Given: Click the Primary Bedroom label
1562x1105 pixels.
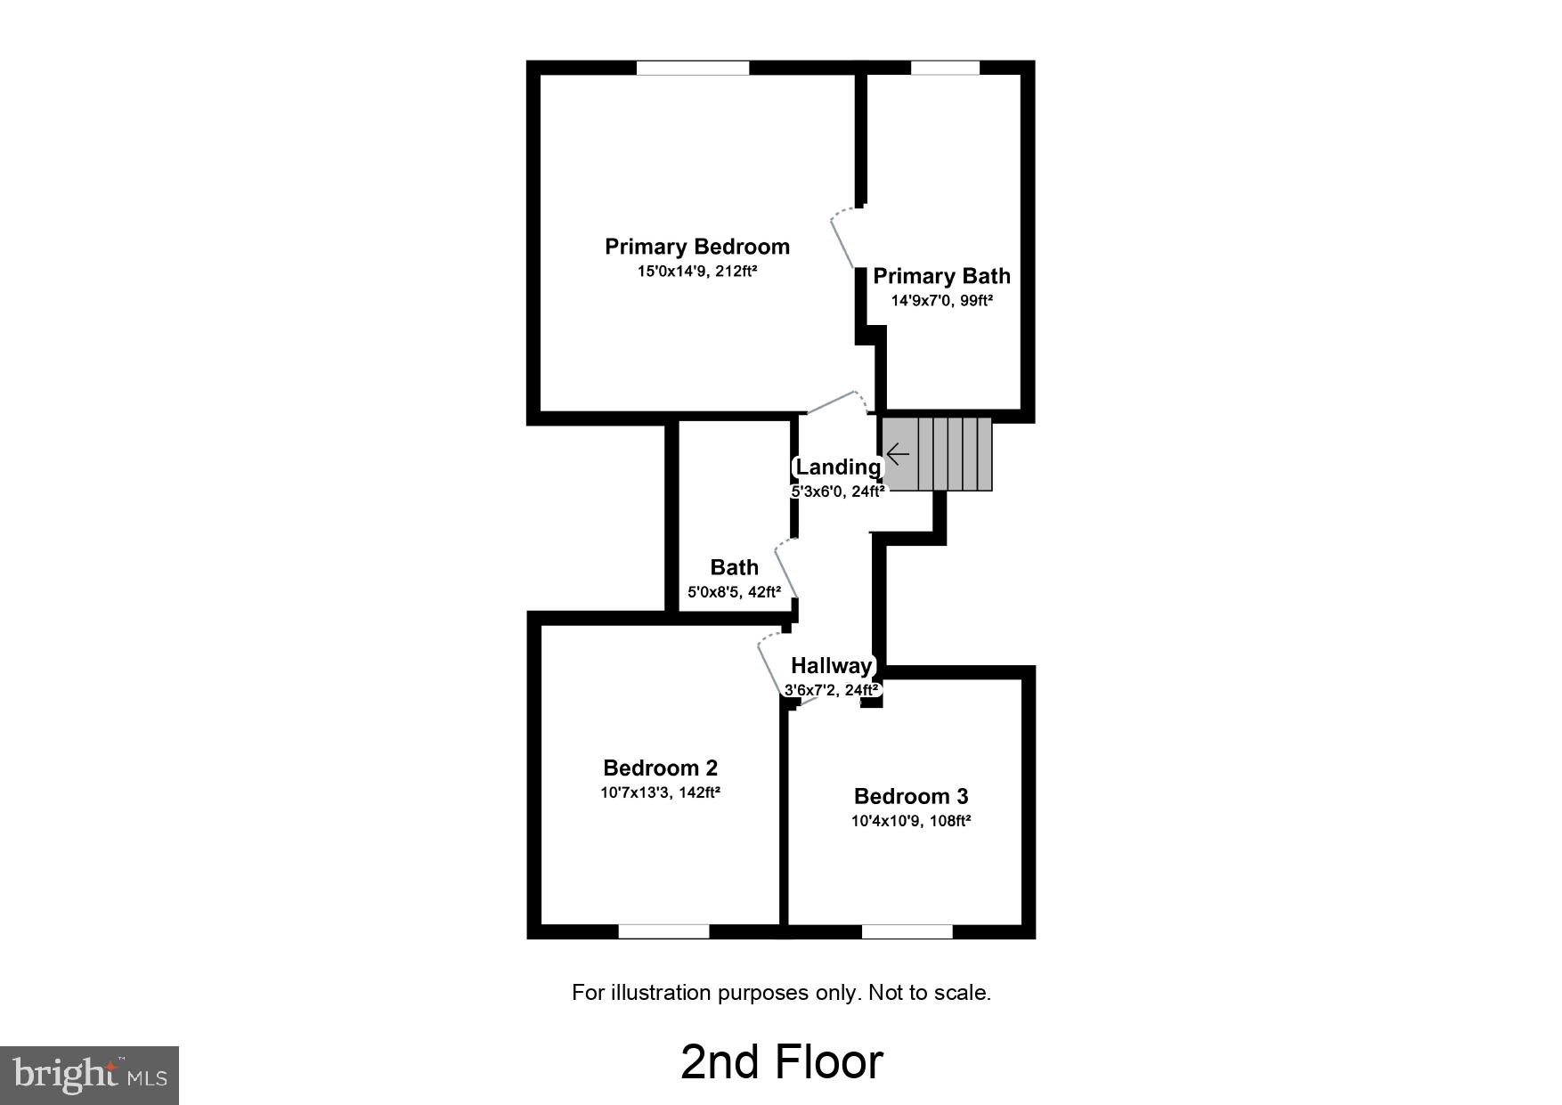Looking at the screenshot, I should pos(696,247).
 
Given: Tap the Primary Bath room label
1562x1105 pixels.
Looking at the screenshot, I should pos(941,276).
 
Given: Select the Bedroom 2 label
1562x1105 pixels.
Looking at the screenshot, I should pos(660,768).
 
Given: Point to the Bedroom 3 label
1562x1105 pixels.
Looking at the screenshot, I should pos(910,796).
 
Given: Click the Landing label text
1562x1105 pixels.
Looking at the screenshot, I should pos(837,467).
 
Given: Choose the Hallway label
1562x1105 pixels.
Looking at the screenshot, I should pos(831,665).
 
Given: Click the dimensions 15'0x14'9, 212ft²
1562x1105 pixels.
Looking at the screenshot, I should pos(696,271).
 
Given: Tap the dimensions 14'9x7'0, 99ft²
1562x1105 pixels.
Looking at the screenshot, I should pos(941,300).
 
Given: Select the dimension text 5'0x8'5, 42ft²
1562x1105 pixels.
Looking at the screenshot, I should pos(734,591).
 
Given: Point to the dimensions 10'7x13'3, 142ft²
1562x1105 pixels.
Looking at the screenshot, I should pos(660,792).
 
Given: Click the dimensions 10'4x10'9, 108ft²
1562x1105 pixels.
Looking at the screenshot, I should pos(910,820).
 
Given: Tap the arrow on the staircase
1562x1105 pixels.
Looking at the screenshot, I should pos(898,455).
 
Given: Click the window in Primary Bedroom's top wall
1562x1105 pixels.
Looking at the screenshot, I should pos(693,68).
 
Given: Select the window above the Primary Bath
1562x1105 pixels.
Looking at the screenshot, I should pos(945,68).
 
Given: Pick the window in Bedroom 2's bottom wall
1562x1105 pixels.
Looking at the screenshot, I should pos(663,931).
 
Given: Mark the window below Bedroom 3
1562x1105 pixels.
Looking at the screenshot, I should pos(907,931).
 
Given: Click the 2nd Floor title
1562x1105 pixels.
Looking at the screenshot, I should pos(781,1061).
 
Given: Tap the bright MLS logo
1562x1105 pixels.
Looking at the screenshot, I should pos(89,1076).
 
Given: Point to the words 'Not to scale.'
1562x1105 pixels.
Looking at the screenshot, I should pos(930,992).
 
